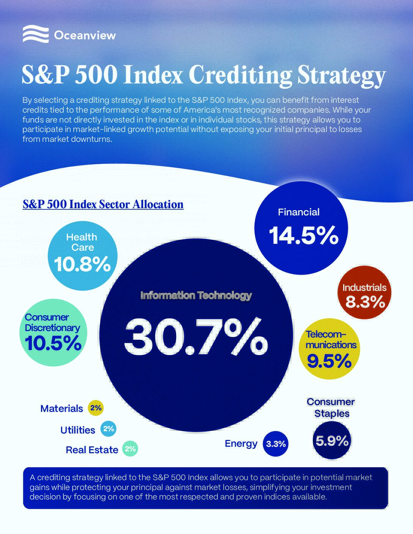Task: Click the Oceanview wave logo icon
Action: [x=36, y=34]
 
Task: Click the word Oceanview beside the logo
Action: [x=85, y=36]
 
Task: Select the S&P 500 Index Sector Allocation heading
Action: [x=103, y=204]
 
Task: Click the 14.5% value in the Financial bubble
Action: [x=304, y=236]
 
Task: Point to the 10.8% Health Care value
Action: [x=82, y=264]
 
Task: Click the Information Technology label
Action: [x=196, y=295]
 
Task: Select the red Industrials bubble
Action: [x=364, y=292]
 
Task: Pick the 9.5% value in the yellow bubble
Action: [x=329, y=361]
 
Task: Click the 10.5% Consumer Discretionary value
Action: [x=53, y=344]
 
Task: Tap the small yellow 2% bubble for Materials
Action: [x=96, y=408]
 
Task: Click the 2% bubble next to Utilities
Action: [x=109, y=429]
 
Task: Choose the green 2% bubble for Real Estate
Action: [x=130, y=449]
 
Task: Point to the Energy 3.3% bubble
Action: [x=276, y=444]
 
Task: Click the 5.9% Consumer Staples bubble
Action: [x=332, y=441]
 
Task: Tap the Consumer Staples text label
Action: [x=331, y=407]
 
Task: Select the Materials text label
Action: [x=61, y=408]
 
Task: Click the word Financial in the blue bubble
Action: [x=299, y=212]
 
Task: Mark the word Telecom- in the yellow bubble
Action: [x=326, y=334]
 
